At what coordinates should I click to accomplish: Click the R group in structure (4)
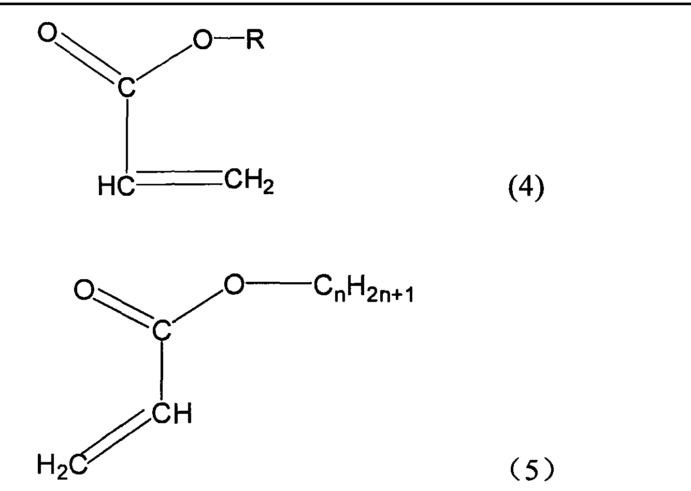pyautogui.click(x=255, y=39)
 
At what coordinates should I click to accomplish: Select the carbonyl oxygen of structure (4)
pyautogui.click(x=48, y=32)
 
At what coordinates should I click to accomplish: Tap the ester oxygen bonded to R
pyautogui.click(x=203, y=40)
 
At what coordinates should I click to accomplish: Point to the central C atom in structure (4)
pyautogui.click(x=126, y=88)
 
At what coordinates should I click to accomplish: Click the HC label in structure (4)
pyautogui.click(x=117, y=186)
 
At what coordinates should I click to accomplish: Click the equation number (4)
pyautogui.click(x=526, y=187)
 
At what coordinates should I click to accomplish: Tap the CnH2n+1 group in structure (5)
pyautogui.click(x=364, y=289)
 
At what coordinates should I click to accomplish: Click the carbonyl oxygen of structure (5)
pyautogui.click(x=83, y=290)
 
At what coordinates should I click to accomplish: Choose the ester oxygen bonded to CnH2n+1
pyautogui.click(x=234, y=283)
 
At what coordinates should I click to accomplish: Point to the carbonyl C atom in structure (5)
pyautogui.click(x=161, y=330)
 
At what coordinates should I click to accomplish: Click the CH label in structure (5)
pyautogui.click(x=172, y=413)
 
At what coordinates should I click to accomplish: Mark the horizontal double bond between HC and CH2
pyautogui.click(x=179, y=178)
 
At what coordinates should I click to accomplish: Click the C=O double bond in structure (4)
pyautogui.click(x=88, y=58)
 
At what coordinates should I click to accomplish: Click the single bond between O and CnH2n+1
pyautogui.click(x=278, y=283)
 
